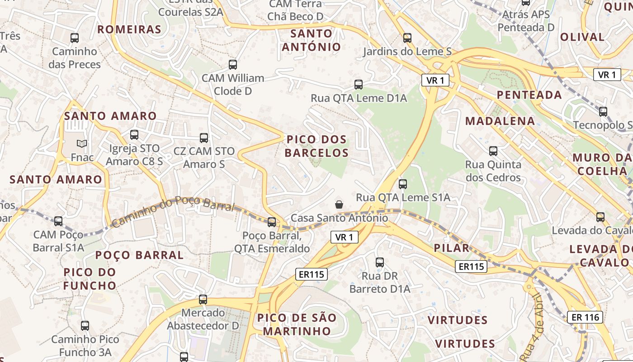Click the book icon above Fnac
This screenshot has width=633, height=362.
tap(82, 143)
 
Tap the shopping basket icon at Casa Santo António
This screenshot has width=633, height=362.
tap(339, 205)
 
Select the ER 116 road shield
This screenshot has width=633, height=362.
tap(586, 317)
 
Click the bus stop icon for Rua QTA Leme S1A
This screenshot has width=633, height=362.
tap(403, 184)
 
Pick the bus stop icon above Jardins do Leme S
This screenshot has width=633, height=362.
tap(407, 38)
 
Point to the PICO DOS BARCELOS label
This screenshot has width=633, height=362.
tap(316, 146)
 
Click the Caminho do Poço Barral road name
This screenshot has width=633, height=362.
tap(173, 209)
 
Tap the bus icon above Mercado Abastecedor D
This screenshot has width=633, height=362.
tap(203, 299)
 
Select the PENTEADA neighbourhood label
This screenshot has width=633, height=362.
tap(529, 95)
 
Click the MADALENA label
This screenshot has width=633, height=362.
tap(500, 121)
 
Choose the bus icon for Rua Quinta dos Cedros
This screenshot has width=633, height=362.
tap(493, 151)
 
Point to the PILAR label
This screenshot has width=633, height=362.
tap(451, 248)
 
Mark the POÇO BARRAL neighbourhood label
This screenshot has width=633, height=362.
tap(139, 255)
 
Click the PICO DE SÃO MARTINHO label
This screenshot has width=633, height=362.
tap(297, 324)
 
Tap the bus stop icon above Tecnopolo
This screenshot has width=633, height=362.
tap(603, 112)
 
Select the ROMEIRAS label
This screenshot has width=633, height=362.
tap(129, 29)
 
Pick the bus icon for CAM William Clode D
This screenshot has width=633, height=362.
tap(233, 65)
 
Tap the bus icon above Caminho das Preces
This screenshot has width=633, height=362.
tap(75, 38)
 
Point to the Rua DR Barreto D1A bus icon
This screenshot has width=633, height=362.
tap(380, 262)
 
